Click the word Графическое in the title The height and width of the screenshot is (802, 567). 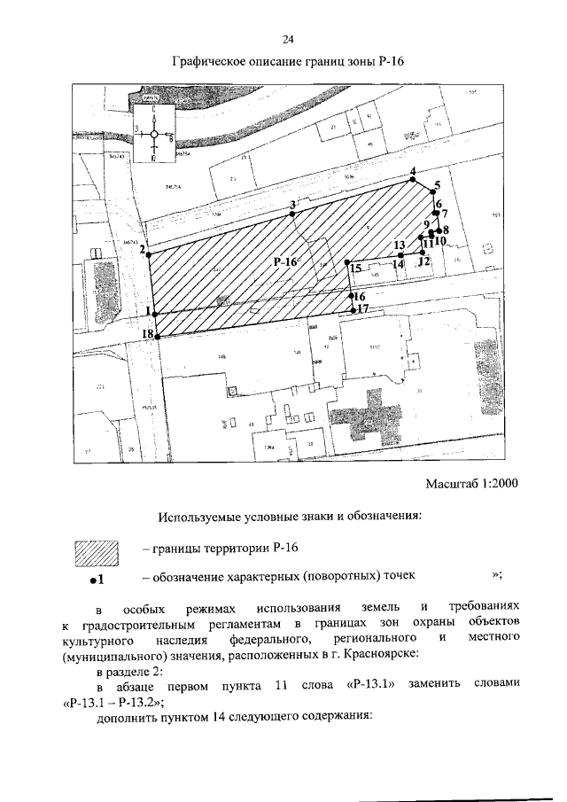(x=210, y=61)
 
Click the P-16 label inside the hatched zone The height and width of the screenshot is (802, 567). (x=286, y=261)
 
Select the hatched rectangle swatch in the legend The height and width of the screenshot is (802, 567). (x=97, y=554)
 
